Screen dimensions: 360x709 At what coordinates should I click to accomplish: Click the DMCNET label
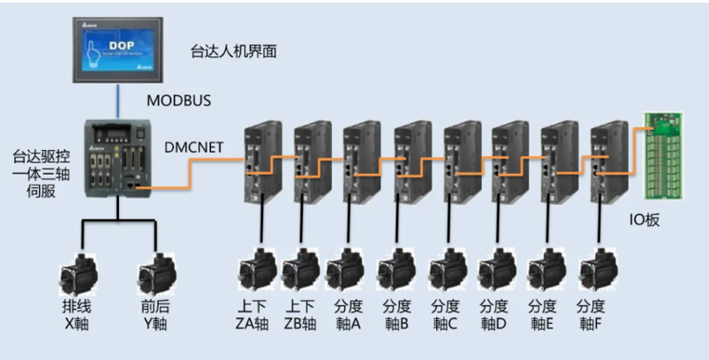click(194, 147)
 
